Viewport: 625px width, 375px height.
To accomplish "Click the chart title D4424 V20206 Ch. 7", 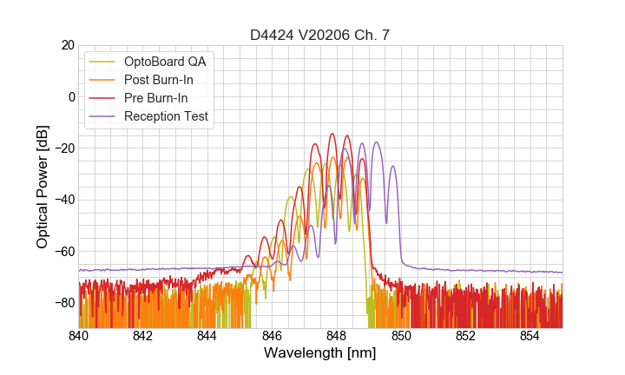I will coord(320,34).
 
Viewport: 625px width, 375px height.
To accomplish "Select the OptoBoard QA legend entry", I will coord(165,62).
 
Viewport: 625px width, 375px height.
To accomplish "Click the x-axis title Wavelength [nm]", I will coord(320,353).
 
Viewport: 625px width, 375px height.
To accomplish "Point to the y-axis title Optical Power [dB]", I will coord(43,187).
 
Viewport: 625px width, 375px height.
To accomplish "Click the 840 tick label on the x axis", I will coord(79,336).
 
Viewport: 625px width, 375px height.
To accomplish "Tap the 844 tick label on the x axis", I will coord(207,336).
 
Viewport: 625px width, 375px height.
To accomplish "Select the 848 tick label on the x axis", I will coord(337,336).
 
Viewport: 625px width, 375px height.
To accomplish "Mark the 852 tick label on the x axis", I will coord(465,336).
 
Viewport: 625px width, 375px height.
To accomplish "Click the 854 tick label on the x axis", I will coord(530,336).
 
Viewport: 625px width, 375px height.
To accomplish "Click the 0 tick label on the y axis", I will coord(71,96).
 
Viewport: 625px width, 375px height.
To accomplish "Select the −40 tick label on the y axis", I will coord(63,200).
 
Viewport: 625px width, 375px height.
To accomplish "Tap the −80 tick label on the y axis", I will coord(63,303).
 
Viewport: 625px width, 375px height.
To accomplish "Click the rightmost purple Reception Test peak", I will coord(392,167).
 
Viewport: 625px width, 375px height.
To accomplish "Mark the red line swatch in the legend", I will coord(102,98).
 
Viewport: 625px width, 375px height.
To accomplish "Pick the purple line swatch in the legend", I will coord(102,116).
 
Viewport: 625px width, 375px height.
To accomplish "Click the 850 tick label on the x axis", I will coord(401,336).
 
